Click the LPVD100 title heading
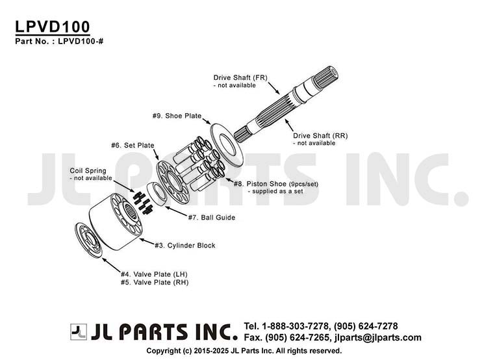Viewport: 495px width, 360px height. click(x=53, y=27)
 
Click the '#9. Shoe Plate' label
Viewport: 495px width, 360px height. click(x=177, y=116)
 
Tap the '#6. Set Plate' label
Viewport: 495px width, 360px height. click(x=133, y=146)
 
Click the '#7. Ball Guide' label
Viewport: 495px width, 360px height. click(x=212, y=217)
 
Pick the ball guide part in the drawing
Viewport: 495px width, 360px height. click(x=157, y=194)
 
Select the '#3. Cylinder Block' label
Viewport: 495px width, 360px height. click(x=184, y=246)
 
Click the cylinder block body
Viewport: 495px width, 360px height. click(x=115, y=222)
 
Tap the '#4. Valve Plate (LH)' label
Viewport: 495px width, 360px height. click(x=154, y=274)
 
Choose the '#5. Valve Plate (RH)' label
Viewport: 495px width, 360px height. click(x=155, y=282)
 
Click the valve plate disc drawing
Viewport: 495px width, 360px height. click(x=88, y=239)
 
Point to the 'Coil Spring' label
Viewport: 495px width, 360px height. click(x=88, y=170)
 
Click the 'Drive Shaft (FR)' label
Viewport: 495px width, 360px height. click(x=240, y=77)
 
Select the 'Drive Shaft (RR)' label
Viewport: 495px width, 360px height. click(x=320, y=135)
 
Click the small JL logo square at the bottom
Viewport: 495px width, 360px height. click(x=79, y=331)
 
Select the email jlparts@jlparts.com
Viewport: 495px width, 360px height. click(x=377, y=337)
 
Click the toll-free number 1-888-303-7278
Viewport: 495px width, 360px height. click(x=295, y=326)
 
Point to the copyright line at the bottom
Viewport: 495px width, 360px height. click(x=244, y=351)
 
